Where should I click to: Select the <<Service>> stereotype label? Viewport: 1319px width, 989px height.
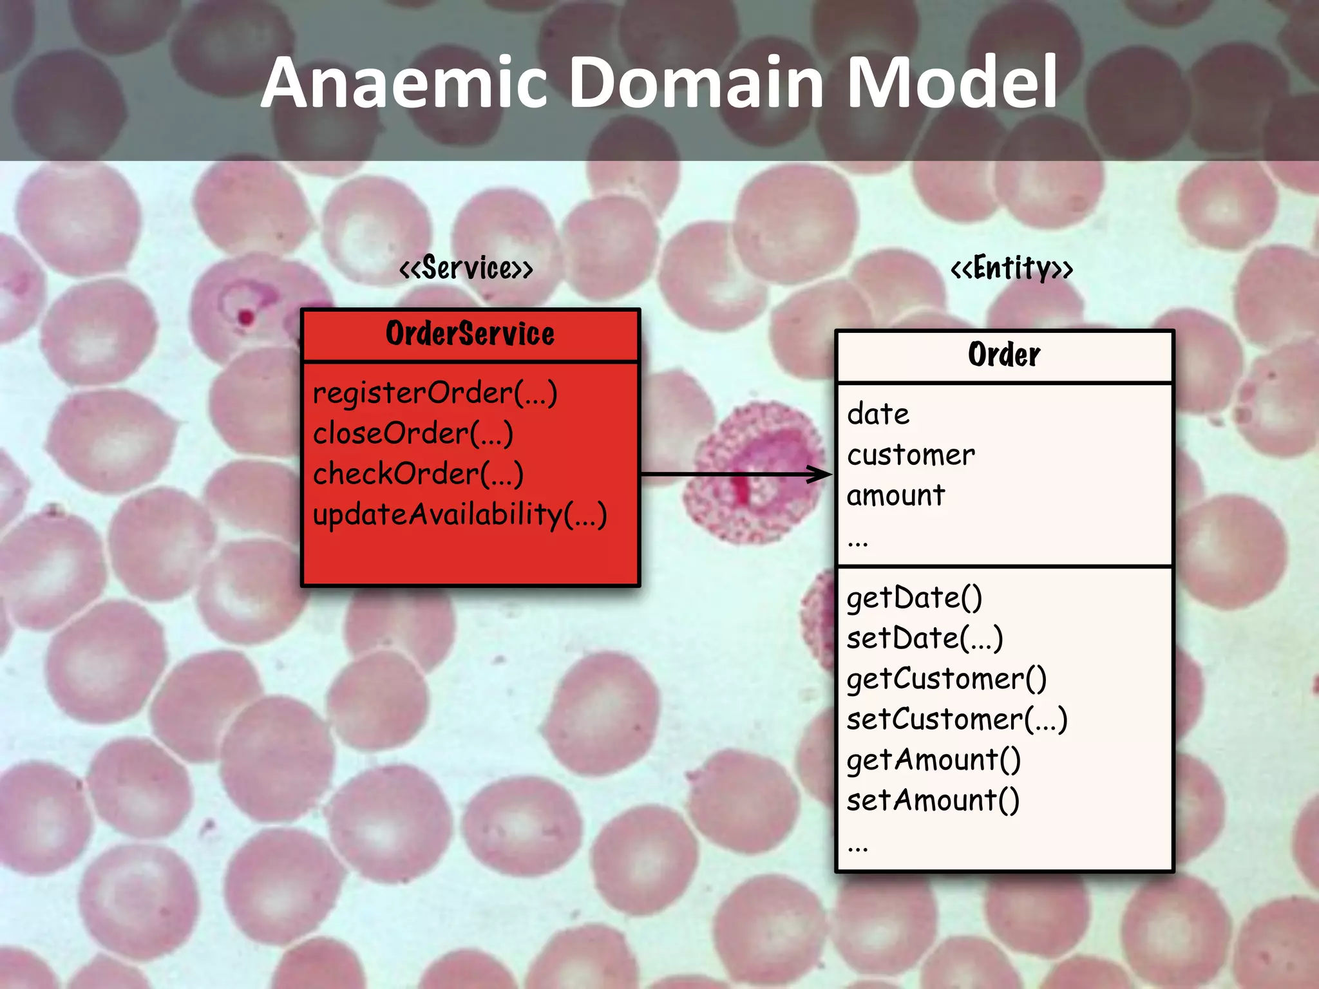[466, 268]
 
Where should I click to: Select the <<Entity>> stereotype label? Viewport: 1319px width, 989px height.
[1012, 268]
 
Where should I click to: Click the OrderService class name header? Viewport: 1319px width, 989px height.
[470, 334]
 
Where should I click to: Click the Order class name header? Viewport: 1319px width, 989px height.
[1004, 355]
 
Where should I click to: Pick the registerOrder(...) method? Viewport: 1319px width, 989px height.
[435, 393]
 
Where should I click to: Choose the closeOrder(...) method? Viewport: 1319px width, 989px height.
[413, 433]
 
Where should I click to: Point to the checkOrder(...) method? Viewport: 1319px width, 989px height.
[418, 474]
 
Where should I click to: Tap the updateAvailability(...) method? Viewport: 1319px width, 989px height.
[460, 515]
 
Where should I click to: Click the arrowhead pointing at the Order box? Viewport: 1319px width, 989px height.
[821, 475]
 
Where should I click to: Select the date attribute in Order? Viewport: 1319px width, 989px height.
[878, 414]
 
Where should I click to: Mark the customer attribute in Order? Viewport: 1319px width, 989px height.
[911, 455]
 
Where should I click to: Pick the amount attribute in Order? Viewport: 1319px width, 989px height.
[896, 496]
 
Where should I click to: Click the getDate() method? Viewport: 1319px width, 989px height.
[914, 598]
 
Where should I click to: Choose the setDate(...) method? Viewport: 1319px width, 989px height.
[925, 639]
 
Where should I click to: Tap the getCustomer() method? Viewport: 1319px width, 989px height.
[946, 679]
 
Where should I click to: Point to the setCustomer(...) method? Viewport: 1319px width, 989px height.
[957, 720]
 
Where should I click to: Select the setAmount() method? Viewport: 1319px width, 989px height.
[933, 801]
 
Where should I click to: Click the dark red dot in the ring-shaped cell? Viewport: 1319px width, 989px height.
[246, 317]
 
